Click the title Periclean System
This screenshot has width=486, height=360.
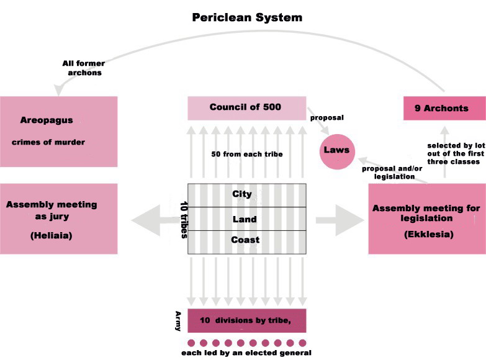(x=247, y=17)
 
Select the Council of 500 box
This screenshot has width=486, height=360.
(x=246, y=108)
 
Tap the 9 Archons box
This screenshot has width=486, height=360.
(x=444, y=108)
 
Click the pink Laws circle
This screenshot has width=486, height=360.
(x=336, y=150)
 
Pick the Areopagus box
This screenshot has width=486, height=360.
(x=59, y=131)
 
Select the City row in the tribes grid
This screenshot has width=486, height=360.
(x=242, y=194)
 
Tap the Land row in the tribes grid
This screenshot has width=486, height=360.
(x=245, y=218)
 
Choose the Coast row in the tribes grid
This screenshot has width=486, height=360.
(x=245, y=240)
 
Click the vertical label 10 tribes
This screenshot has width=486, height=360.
(x=184, y=218)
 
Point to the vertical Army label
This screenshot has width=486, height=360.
(x=178, y=320)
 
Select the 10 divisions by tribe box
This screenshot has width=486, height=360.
(x=246, y=320)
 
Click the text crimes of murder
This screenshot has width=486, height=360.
(x=48, y=142)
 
